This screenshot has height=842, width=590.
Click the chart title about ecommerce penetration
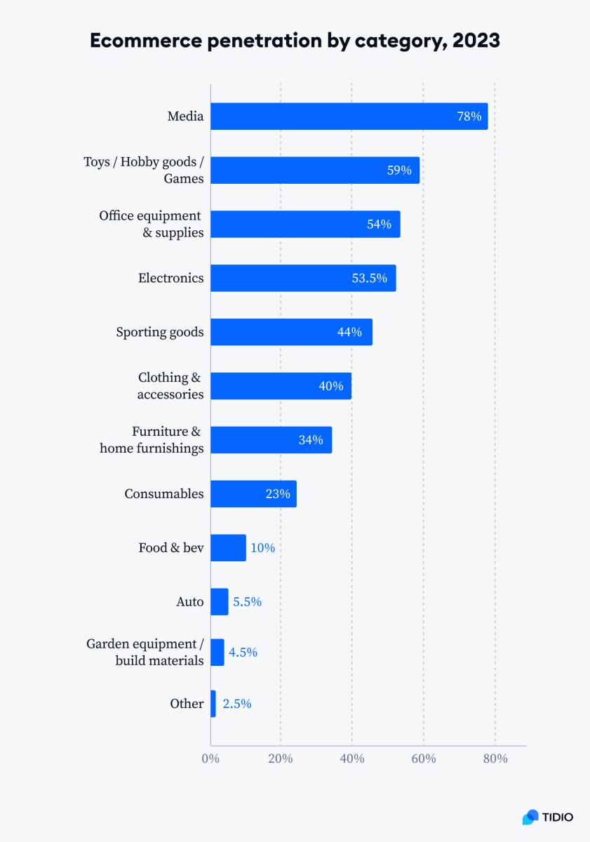(x=295, y=41)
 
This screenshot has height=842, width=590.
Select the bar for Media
(x=349, y=116)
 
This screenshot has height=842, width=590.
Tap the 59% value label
(x=399, y=171)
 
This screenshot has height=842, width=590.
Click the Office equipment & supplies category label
(x=151, y=224)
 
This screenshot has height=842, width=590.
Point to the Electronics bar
(x=303, y=278)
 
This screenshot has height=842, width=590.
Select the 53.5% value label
(x=369, y=278)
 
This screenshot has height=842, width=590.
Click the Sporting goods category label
(x=160, y=332)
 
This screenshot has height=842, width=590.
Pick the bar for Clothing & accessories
(x=281, y=386)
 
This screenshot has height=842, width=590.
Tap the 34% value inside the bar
(x=311, y=440)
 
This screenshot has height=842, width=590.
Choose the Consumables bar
(x=253, y=494)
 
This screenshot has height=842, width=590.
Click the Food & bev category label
(x=171, y=547)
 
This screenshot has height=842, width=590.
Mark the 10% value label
(x=262, y=548)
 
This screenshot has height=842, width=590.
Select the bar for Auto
(x=220, y=602)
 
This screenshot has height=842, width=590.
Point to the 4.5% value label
(x=243, y=653)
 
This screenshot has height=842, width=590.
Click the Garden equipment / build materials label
(x=145, y=652)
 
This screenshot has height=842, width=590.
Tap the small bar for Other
(x=213, y=704)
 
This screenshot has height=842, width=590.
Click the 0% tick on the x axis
(x=210, y=759)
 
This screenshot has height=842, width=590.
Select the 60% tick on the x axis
(x=423, y=759)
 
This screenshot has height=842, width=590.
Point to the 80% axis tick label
(x=494, y=759)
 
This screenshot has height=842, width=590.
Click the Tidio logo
(x=548, y=817)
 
